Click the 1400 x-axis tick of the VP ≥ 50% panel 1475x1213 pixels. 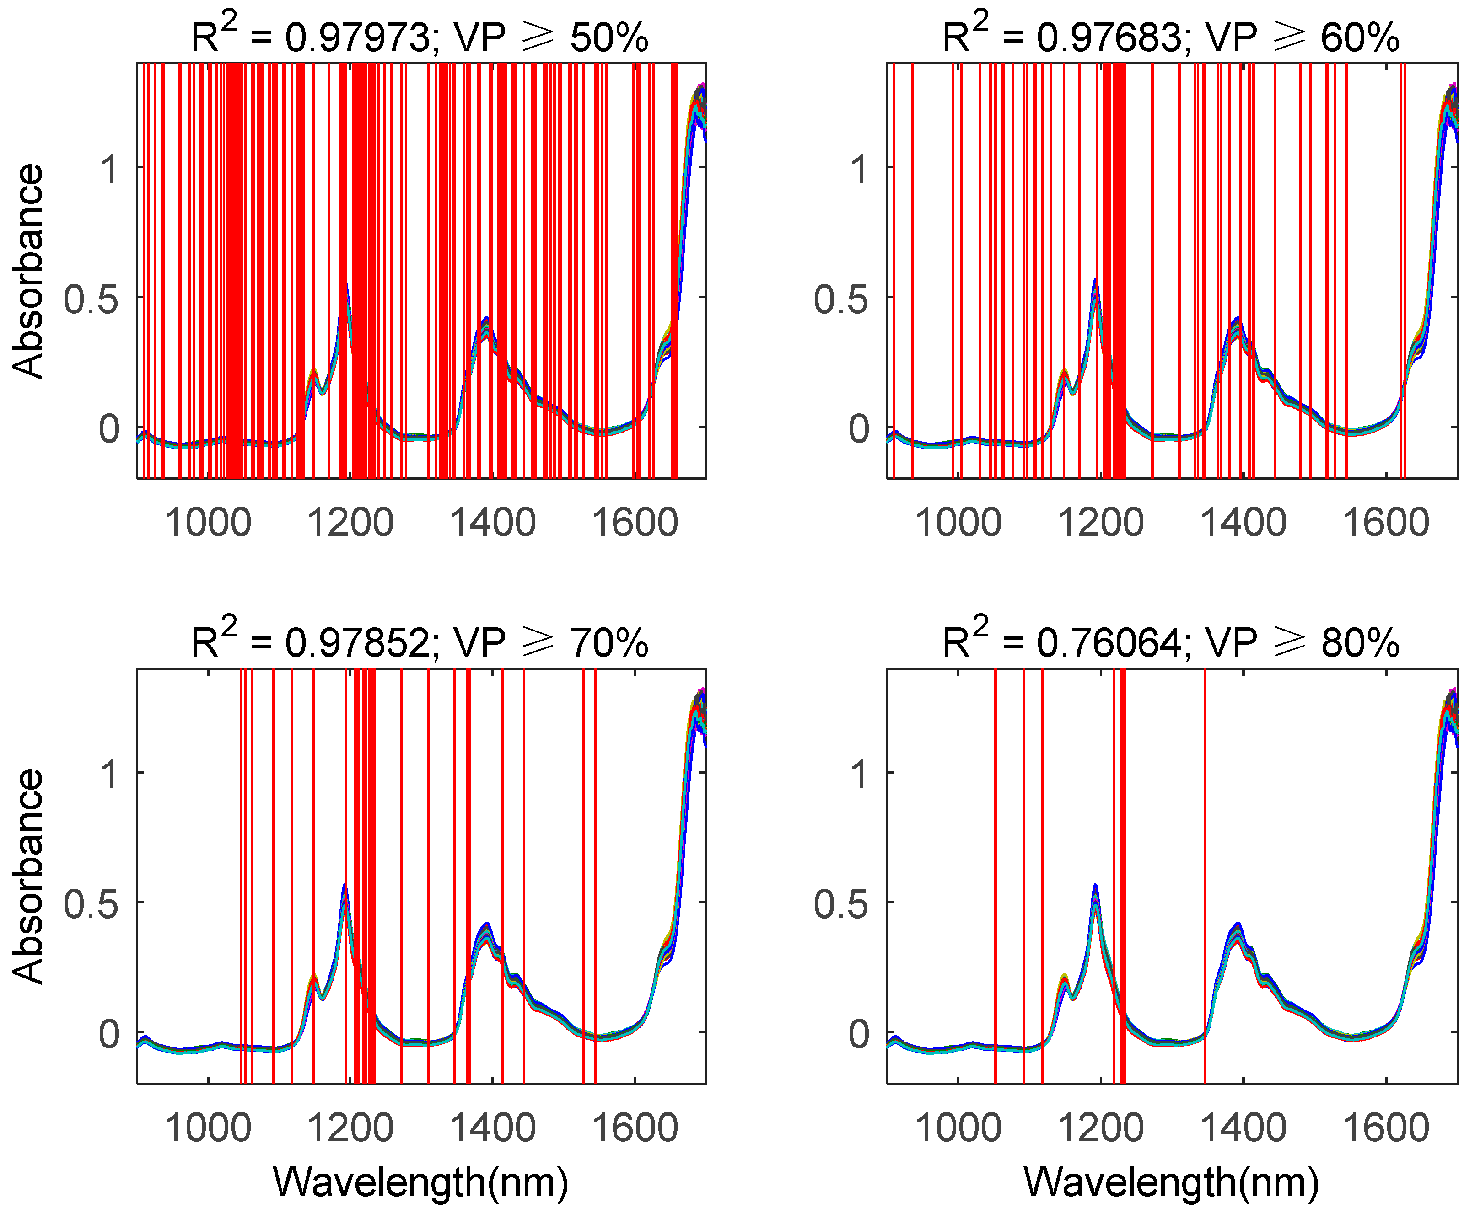point(492,523)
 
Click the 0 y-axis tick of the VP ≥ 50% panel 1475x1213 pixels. point(109,428)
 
